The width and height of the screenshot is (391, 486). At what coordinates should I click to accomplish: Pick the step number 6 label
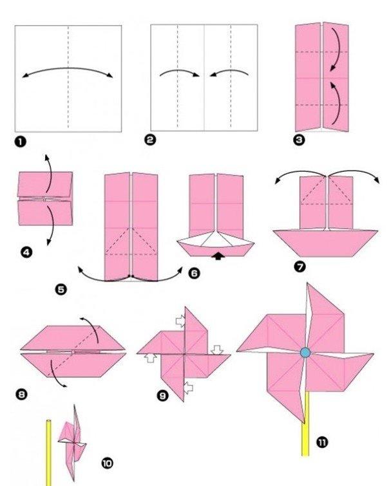(x=195, y=273)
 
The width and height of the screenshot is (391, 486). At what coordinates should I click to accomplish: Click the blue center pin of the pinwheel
(x=305, y=352)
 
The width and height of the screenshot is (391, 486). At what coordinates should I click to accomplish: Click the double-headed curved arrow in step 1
(x=68, y=70)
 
